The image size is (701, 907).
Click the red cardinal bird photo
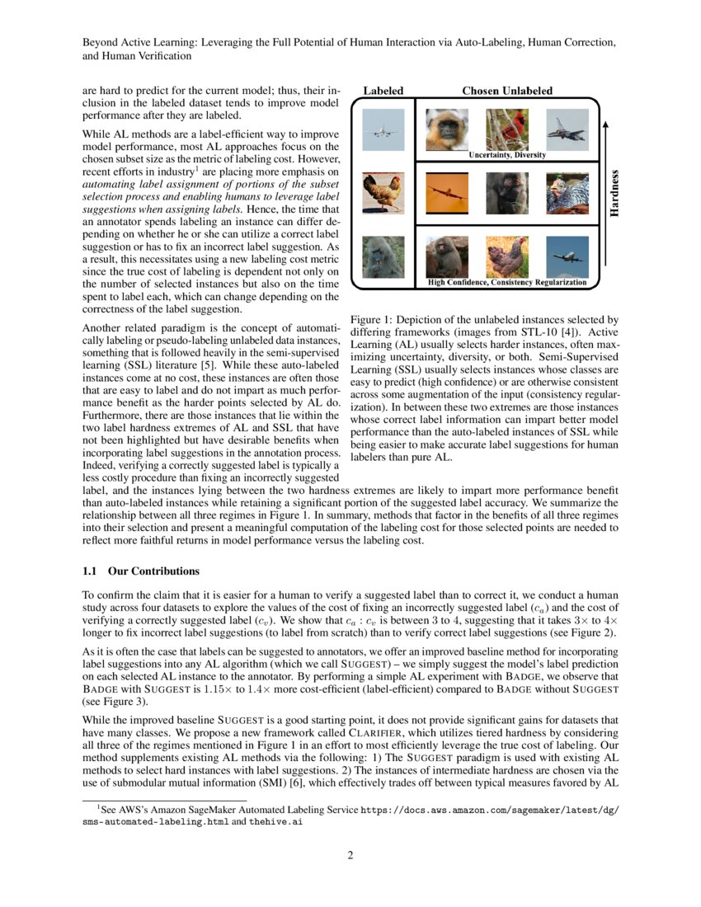click(506, 129)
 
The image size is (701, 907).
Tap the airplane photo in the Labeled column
click(383, 129)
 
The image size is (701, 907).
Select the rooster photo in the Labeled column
click(383, 193)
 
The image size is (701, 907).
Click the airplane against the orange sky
click(446, 193)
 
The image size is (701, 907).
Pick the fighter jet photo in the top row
click(567, 129)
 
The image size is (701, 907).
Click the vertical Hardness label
click(614, 193)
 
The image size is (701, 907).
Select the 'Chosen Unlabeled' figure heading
click(507, 90)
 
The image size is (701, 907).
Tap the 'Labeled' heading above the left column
click(383, 90)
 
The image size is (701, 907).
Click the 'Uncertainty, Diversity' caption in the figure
click(507, 154)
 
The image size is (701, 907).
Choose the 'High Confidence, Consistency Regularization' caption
click(507, 283)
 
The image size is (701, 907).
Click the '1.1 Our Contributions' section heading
click(141, 571)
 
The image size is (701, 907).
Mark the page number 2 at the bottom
click(350, 854)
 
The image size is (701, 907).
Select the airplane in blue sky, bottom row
click(567, 256)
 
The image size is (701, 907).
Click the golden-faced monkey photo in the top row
click(446, 129)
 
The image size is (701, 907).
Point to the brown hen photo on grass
click(506, 256)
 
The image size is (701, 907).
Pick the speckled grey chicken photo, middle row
click(567, 193)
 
